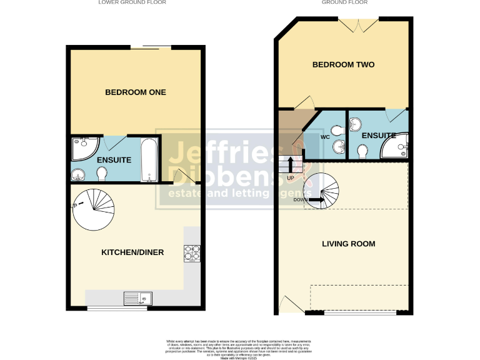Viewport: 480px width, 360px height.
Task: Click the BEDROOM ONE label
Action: click(x=135, y=92)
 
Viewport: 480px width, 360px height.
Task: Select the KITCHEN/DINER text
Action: click(x=132, y=252)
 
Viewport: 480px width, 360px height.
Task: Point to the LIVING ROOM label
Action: click(x=348, y=244)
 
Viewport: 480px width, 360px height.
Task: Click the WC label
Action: click(x=325, y=136)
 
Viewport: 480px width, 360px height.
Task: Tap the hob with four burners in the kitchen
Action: click(x=191, y=252)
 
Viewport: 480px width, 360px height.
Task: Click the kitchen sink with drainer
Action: click(x=137, y=298)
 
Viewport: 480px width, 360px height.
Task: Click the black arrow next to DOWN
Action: click(x=316, y=200)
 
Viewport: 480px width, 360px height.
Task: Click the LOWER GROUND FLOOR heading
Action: click(x=132, y=2)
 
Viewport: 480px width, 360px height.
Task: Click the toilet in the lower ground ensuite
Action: click(x=101, y=172)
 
